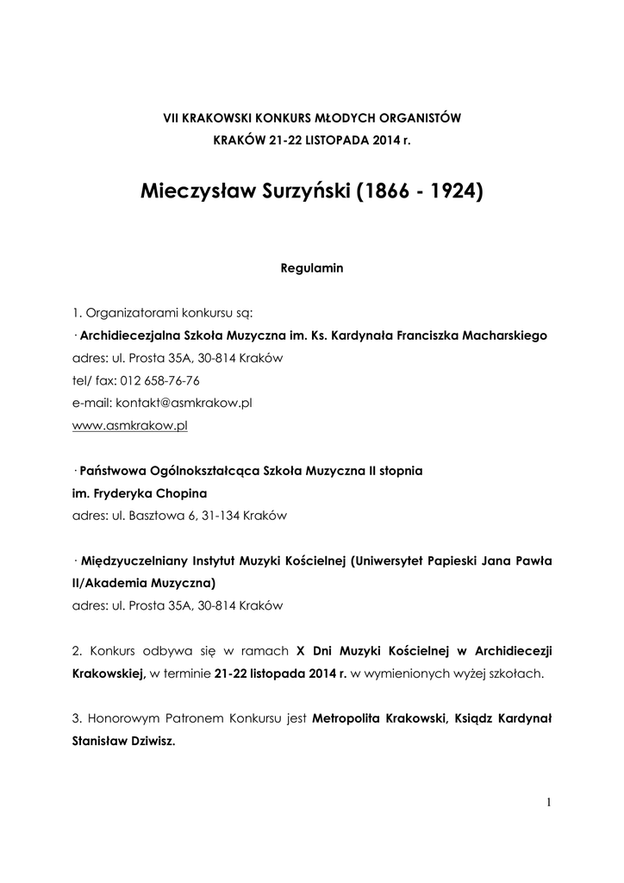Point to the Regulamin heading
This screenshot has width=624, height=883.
(312, 268)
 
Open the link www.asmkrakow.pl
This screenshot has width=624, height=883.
(130, 425)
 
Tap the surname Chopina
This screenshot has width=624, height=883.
(181, 493)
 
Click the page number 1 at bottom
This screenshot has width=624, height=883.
(548, 805)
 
